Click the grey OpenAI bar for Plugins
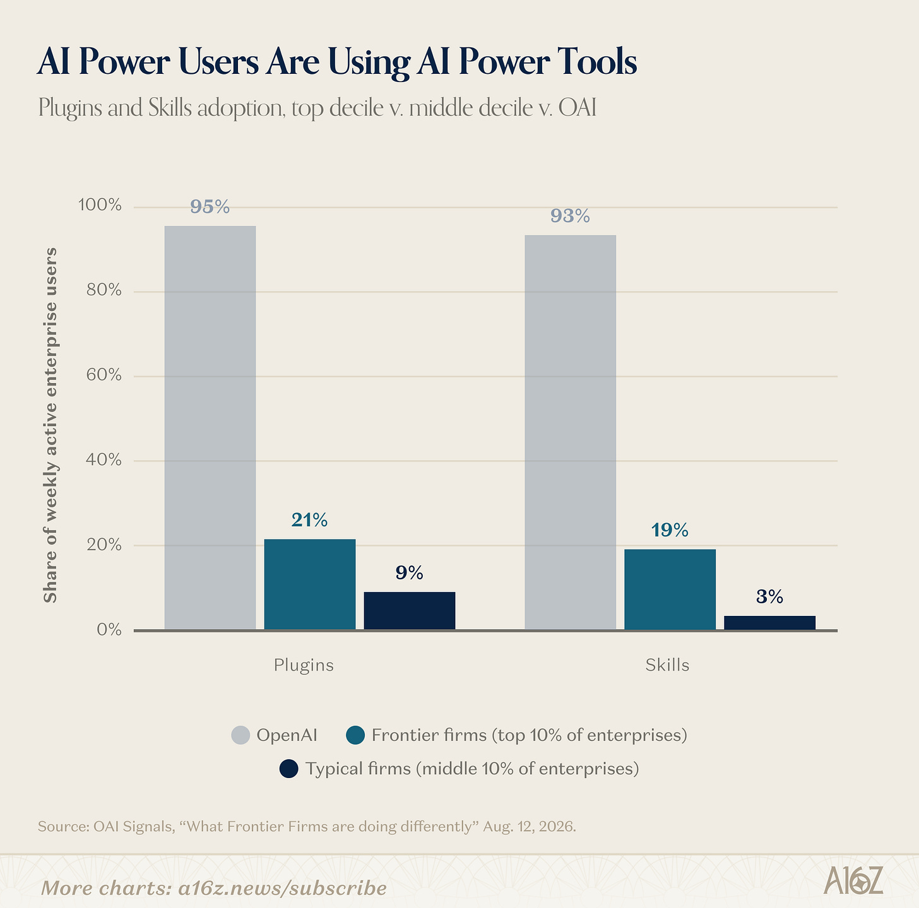point(210,428)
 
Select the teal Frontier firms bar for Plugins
point(309,584)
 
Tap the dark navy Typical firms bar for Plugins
point(409,610)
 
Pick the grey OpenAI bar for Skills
point(570,432)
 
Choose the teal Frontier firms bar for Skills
point(670,589)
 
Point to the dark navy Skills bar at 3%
point(769,623)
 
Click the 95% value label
point(210,206)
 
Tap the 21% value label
point(309,520)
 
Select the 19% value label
point(670,530)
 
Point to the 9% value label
point(409,572)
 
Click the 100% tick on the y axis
point(100,205)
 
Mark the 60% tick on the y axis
point(104,375)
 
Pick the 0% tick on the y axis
point(109,630)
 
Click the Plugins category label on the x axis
point(304,665)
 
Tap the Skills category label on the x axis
point(667,665)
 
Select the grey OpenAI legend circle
point(240,735)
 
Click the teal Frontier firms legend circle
point(355,735)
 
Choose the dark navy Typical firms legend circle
point(288,769)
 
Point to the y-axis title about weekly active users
point(50,425)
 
